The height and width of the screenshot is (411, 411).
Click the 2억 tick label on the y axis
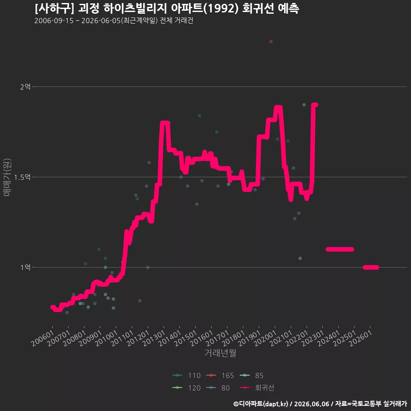(x=25, y=87)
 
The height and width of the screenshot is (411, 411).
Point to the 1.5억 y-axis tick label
(x=22, y=177)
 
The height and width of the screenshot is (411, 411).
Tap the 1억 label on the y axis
(x=25, y=267)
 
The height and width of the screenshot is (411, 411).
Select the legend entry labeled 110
(x=186, y=375)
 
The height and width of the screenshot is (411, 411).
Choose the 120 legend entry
(x=186, y=388)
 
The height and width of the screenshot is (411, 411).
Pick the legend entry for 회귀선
(x=257, y=388)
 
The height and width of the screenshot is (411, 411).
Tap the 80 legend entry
(x=218, y=388)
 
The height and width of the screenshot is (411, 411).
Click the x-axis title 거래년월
(x=220, y=353)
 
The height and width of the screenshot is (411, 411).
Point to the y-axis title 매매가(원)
(x=7, y=177)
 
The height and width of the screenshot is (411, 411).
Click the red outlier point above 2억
(x=271, y=42)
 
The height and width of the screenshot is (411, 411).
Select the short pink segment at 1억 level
(x=371, y=267)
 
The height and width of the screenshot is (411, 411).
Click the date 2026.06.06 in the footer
(x=311, y=404)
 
